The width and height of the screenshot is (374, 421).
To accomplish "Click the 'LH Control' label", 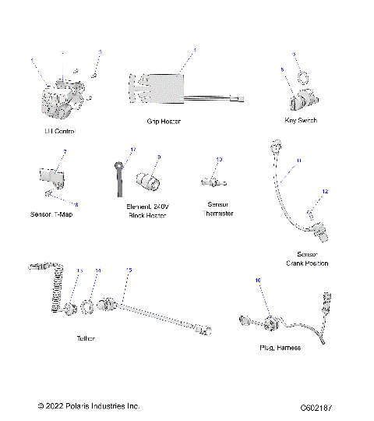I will [x=59, y=131].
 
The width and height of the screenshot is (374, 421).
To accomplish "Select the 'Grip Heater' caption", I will [x=164, y=122].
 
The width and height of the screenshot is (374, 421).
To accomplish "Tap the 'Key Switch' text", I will [x=301, y=121].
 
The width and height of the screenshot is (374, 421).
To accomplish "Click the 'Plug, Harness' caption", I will [x=280, y=348].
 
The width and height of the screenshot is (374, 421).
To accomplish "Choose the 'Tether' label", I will [x=86, y=339].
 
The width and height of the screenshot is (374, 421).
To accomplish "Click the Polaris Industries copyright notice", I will [x=89, y=406].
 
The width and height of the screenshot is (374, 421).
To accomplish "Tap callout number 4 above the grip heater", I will [x=195, y=51].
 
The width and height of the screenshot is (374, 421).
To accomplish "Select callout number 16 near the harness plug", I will [x=258, y=278].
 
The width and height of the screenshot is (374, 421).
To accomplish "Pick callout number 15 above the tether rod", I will [x=129, y=270].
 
